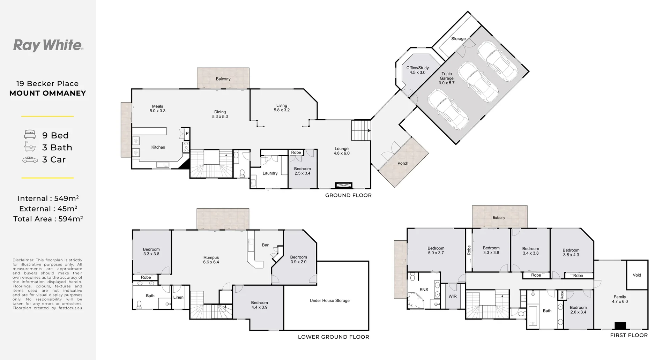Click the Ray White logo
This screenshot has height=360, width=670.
pyautogui.click(x=48, y=45)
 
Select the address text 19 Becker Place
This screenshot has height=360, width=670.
pyautogui.click(x=47, y=84)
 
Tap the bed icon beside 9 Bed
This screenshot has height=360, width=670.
pyautogui.click(x=30, y=135)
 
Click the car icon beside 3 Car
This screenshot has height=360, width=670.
pyautogui.click(x=30, y=160)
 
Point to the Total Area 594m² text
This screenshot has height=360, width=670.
pyautogui.click(x=48, y=219)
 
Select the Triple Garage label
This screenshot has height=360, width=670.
pyautogui.click(x=447, y=78)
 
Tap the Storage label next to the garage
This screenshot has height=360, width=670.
pyautogui.click(x=458, y=39)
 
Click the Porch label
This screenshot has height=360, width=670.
pyautogui.click(x=403, y=163)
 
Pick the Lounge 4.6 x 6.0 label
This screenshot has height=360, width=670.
pyautogui.click(x=341, y=151)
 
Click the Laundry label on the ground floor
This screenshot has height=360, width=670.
pyautogui.click(x=270, y=173)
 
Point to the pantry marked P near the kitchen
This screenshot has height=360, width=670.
pyautogui.click(x=187, y=134)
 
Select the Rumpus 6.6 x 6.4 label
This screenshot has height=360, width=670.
pyautogui.click(x=211, y=260)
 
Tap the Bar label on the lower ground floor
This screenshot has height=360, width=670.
pyautogui.click(x=265, y=245)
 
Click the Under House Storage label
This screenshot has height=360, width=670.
pyautogui.click(x=329, y=300)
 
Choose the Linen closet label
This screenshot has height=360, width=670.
pyautogui.click(x=178, y=298)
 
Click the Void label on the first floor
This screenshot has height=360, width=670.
pyautogui.click(x=637, y=275)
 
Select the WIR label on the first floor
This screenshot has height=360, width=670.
pyautogui.click(x=452, y=297)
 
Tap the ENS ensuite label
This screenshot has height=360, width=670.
pyautogui.click(x=424, y=290)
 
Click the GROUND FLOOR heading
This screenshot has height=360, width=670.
pyautogui.click(x=348, y=195)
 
